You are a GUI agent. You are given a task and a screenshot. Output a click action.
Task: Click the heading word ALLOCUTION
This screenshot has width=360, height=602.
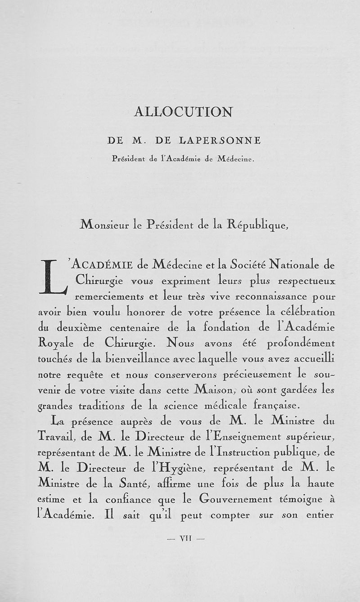tap(184, 112)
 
